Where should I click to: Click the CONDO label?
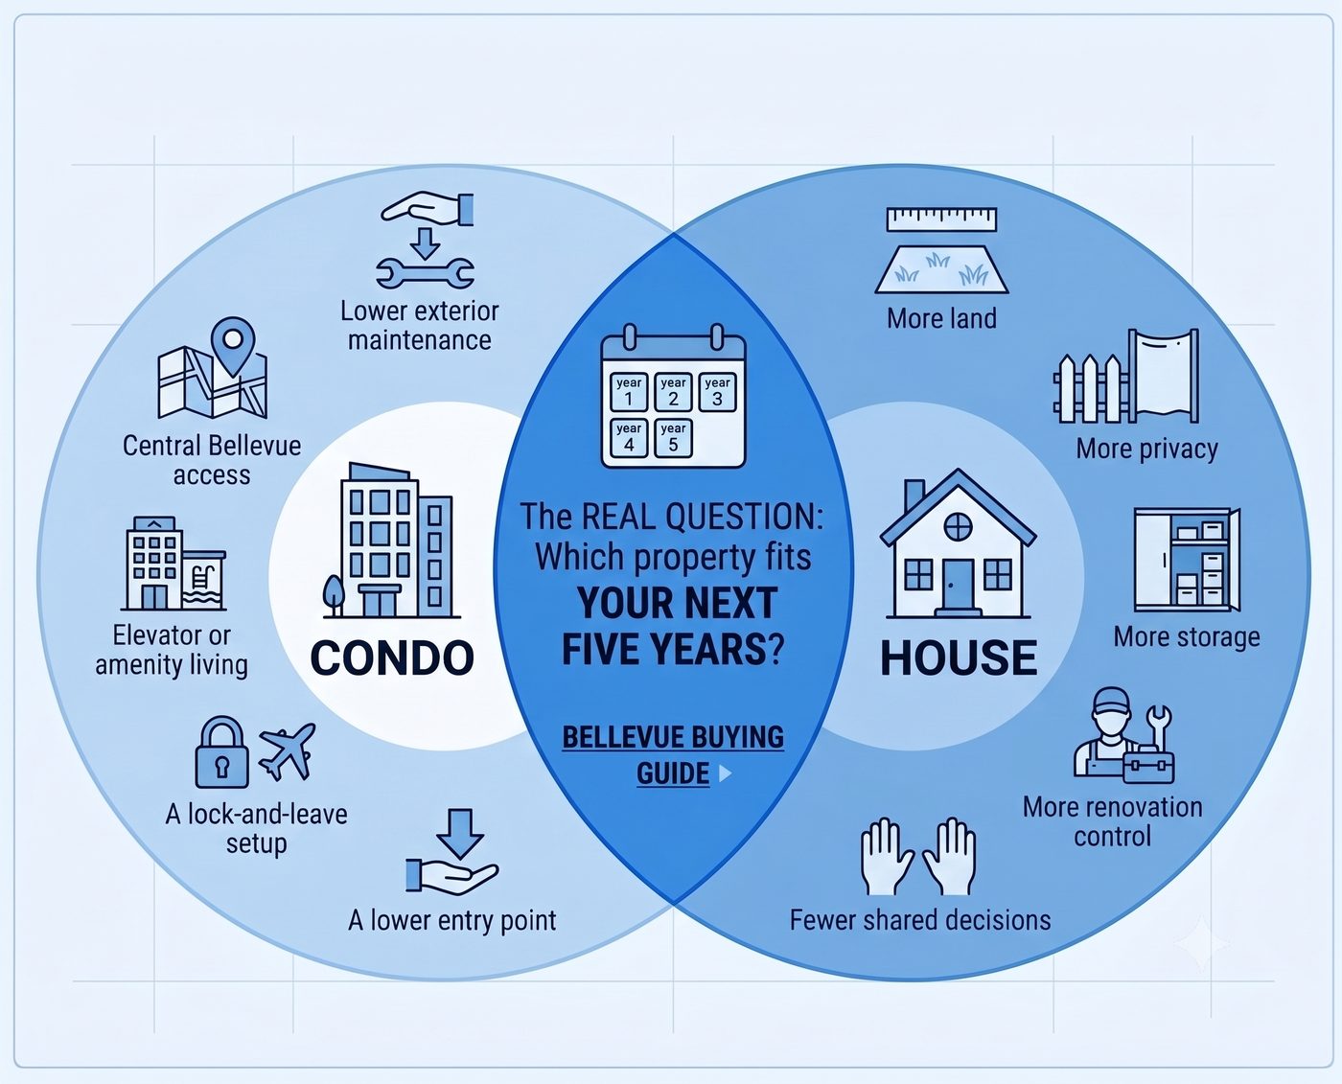coord(392,658)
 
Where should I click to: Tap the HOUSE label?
coord(959,658)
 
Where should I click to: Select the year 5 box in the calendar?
coord(673,438)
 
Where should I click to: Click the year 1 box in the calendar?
coord(628,392)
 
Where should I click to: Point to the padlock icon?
coord(221,752)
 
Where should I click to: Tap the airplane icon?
coord(288,750)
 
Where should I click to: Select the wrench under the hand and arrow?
coord(425,275)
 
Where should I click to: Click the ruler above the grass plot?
coord(941,219)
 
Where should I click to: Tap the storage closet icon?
coord(1187,560)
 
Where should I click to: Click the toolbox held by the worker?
coord(1148,764)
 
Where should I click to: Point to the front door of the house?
coord(958,585)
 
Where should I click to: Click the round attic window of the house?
coord(958,526)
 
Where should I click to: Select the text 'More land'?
coord(941,319)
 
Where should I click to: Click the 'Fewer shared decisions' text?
coord(920,920)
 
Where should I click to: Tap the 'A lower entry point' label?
coord(451,921)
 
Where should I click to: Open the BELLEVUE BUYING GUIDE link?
coord(673,755)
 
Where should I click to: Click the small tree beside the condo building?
coord(334,594)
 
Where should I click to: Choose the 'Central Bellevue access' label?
coord(212,460)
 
